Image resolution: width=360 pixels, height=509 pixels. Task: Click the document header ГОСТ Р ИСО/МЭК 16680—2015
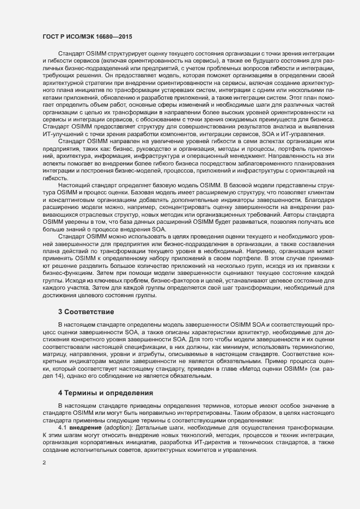click(x=88, y=36)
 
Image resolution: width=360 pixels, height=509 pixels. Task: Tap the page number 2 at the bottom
click(x=44, y=479)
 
